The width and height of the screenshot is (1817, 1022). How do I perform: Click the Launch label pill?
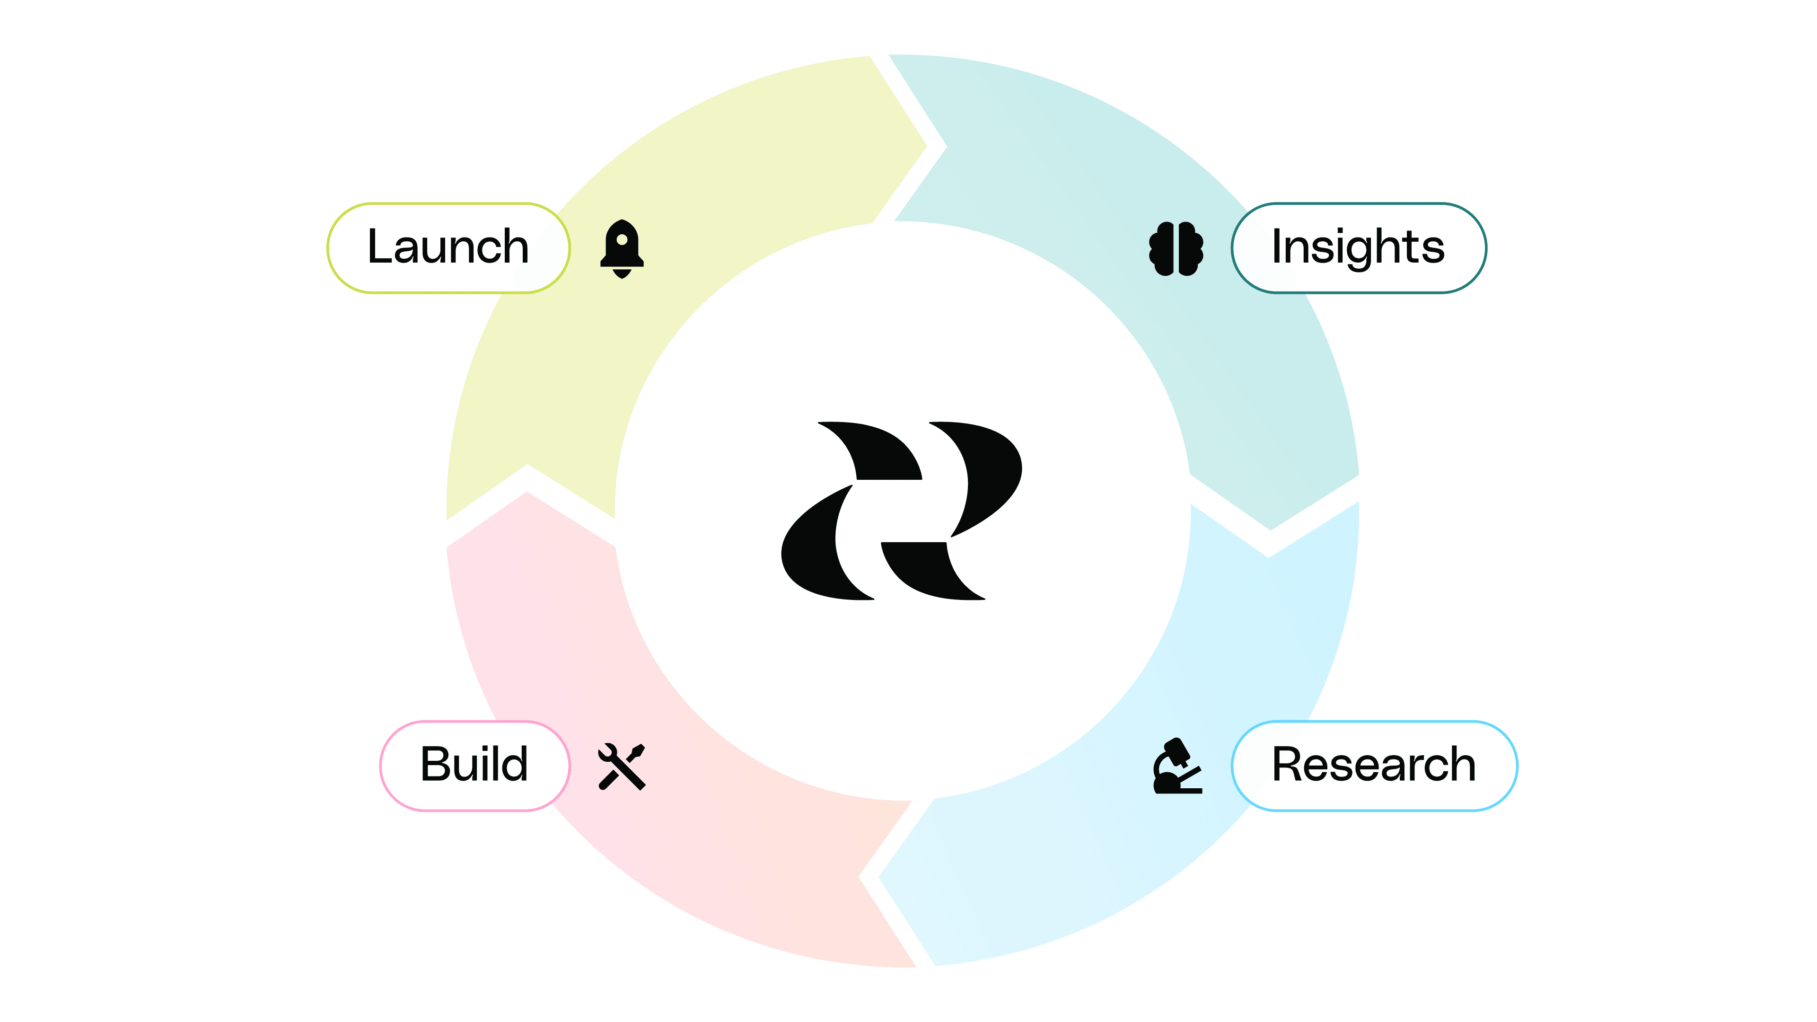tap(448, 247)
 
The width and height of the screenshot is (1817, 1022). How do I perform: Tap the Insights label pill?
tap(1359, 247)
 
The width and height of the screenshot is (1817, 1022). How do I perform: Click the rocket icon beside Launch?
tap(622, 248)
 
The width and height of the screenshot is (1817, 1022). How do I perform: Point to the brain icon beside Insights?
tap(1176, 248)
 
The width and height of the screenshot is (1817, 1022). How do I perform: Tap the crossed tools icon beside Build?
tap(622, 766)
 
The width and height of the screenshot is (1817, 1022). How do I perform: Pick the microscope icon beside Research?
tap(1176, 766)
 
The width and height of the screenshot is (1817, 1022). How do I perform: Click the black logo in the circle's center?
tap(902, 511)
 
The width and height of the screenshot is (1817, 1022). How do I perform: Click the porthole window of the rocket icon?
tap(622, 240)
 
